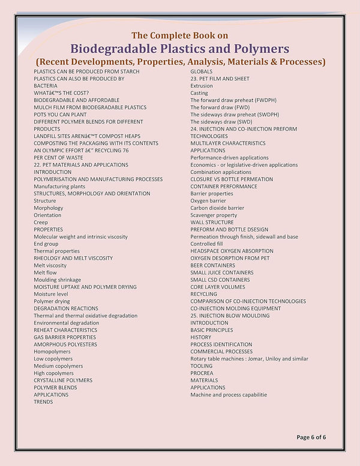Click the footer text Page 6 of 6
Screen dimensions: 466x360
pos(311,437)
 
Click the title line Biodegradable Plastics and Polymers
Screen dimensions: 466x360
pos(180,49)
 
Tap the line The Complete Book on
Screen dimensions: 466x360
pos(180,35)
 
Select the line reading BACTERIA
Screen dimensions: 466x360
pos(46,86)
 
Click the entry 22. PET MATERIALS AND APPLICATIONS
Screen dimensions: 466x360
pos(81,165)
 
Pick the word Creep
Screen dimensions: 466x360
pos(41,223)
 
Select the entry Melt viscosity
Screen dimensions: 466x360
pos(50,265)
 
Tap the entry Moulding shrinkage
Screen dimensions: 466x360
pos(57,279)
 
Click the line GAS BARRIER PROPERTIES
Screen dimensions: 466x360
pos(65,337)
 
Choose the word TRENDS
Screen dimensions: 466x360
pos(43,402)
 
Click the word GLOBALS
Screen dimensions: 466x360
pos(202,71)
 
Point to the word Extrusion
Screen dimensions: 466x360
pos(202,86)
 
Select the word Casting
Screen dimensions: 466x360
pos(199,93)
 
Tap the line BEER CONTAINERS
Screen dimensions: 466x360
pos(213,265)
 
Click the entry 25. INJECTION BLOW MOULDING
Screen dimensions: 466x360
pos(230,315)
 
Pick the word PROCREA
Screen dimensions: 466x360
pos(202,373)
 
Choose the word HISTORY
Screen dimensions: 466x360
pos(201,337)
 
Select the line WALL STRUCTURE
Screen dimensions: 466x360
pos(212,223)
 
